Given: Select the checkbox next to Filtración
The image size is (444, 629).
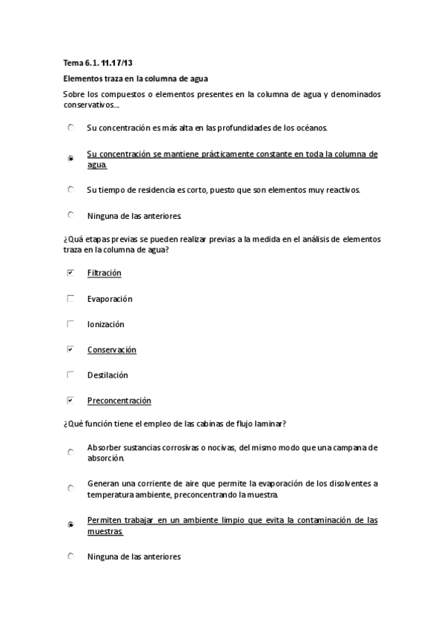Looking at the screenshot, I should (70, 273).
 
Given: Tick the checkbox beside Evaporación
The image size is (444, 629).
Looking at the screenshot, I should (70, 298).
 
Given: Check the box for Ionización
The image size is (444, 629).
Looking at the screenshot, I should (70, 324).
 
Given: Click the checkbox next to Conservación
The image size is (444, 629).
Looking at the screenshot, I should (70, 349).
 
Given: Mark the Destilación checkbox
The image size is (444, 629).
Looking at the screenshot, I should (70, 375).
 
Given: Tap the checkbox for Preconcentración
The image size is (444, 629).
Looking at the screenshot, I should (70, 401).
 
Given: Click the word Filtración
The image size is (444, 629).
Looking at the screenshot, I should (104, 273).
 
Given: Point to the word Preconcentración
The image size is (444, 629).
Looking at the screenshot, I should (119, 401).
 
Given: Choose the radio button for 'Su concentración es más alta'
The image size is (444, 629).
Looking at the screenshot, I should (70, 128).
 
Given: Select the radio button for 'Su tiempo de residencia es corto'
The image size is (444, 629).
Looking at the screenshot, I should (70, 189).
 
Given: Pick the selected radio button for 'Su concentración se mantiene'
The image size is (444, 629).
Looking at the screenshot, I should (70, 158).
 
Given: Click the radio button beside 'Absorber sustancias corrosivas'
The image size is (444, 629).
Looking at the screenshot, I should (70, 452).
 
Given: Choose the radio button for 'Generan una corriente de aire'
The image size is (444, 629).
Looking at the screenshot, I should (70, 488).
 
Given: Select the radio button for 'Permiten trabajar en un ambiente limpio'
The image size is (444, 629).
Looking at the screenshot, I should (70, 524).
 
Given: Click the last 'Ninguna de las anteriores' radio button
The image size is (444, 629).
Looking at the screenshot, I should (70, 556).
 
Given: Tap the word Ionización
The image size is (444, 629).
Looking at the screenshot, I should (105, 324).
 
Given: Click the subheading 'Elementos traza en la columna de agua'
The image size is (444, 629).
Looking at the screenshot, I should (135, 78).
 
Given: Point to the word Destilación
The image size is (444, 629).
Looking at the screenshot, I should (107, 375).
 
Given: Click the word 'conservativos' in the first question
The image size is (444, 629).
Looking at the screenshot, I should (87, 105).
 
